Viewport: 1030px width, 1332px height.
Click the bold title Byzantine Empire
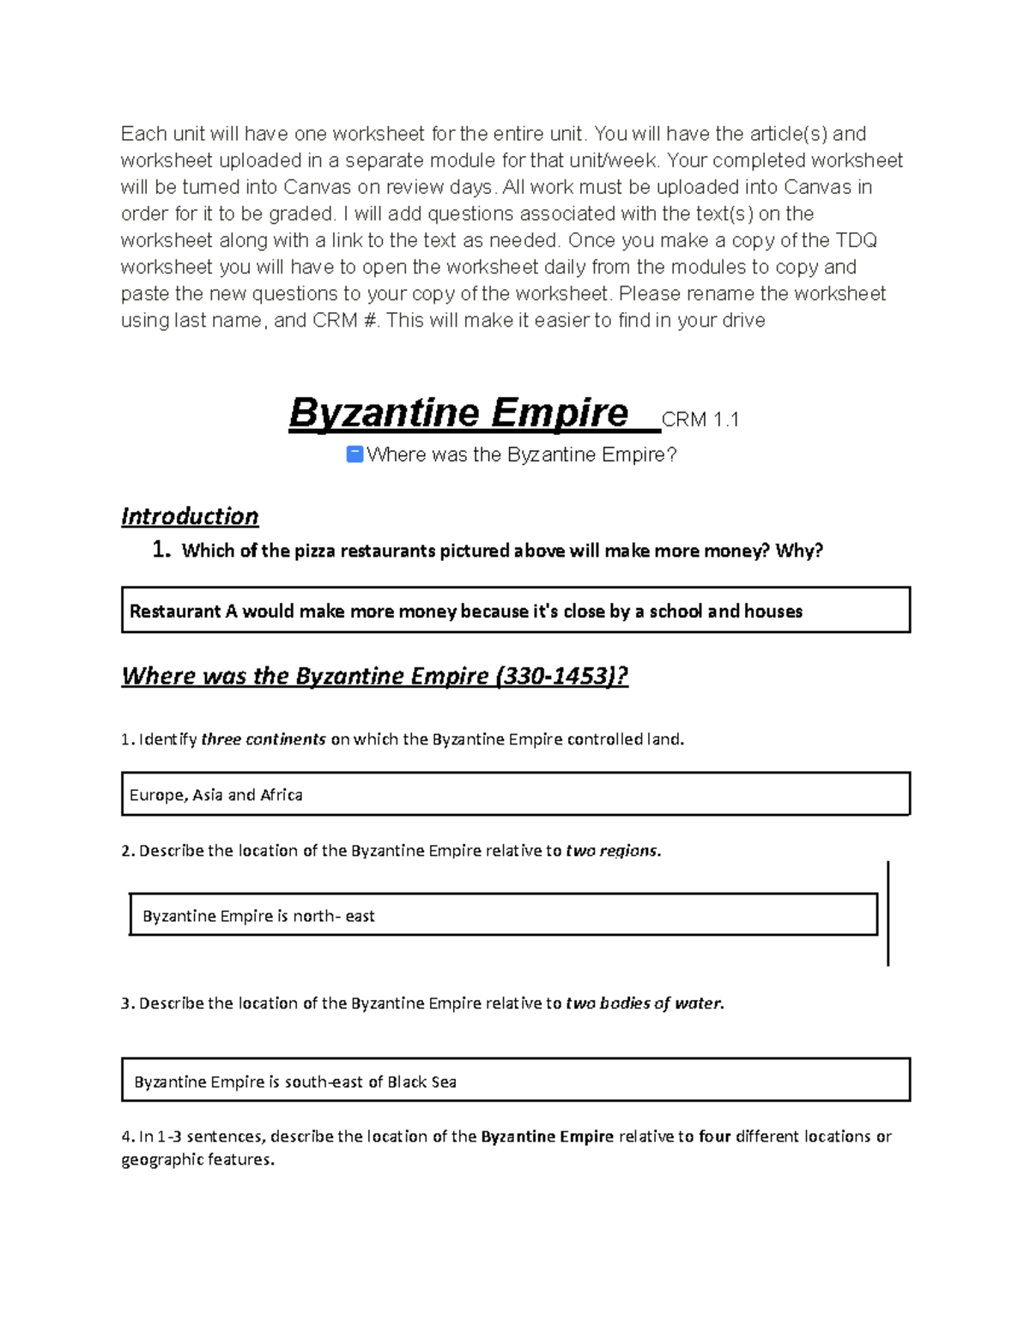459,413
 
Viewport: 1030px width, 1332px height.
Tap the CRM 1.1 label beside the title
700,419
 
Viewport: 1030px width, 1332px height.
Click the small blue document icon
354,454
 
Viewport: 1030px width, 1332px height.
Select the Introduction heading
190,516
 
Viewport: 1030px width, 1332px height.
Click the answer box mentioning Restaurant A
515,611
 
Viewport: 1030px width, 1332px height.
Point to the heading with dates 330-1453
374,676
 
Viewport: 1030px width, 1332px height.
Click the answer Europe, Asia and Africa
215,795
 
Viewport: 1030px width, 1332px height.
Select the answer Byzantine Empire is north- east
258,916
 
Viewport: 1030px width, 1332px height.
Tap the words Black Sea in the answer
421,1082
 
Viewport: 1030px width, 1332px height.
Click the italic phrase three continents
263,739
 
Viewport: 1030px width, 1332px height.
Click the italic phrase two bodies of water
645,1004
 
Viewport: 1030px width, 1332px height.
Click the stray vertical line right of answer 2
888,913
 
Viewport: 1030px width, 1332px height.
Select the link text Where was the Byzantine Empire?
521,455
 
